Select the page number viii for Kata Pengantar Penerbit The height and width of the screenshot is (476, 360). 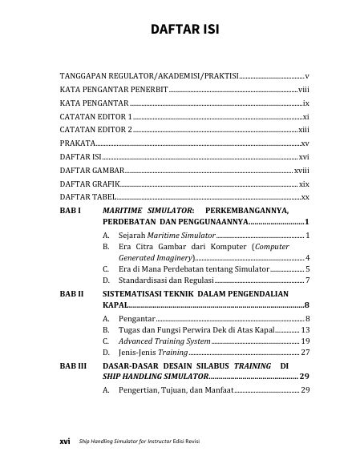(303, 89)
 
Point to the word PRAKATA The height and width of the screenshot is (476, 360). (77, 143)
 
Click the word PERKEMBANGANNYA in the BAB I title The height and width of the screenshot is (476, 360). (257, 209)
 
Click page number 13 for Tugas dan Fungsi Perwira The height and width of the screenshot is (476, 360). (305, 330)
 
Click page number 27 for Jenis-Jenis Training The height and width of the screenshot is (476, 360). (305, 352)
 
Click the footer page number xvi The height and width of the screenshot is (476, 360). (67, 440)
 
